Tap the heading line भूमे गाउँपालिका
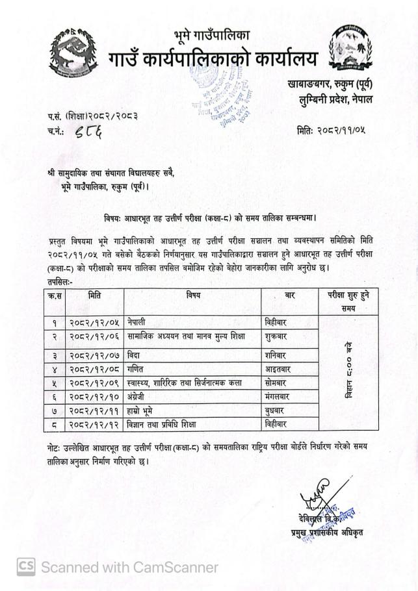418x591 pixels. [x=211, y=34]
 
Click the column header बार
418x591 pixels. [x=290, y=296]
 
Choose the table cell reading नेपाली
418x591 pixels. [x=123, y=322]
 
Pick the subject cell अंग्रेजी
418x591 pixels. [x=125, y=397]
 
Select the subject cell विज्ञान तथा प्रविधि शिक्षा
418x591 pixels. [x=152, y=425]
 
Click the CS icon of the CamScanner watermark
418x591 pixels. [x=25, y=566]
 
